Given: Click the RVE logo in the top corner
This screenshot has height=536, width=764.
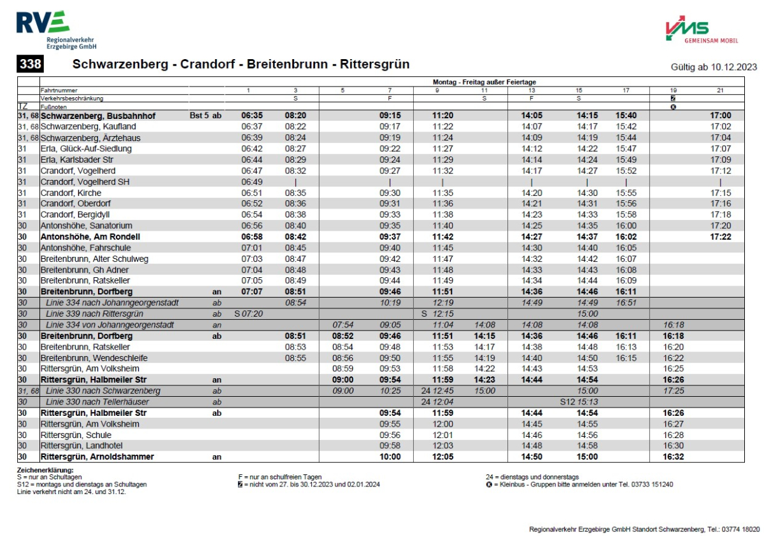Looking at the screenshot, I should pos(43,24).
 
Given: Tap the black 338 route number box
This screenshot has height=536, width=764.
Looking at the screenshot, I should pos(31,65).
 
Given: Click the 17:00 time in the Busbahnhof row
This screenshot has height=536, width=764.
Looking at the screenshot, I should pos(720,116).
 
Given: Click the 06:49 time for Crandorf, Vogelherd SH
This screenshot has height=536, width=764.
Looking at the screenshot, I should pos(251,182).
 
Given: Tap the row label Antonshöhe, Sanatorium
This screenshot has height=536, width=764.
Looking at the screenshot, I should pos(86,226).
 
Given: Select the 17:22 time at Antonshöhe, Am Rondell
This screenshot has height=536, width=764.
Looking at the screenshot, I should pos(720,237).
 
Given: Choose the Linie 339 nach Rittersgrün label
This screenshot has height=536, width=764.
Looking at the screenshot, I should pos(95,314).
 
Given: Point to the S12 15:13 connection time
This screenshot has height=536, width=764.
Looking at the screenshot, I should pos(579,402).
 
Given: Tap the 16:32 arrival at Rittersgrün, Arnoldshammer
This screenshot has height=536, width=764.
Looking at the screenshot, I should pos(672,457).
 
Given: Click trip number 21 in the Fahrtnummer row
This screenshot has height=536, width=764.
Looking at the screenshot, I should pos(720,90).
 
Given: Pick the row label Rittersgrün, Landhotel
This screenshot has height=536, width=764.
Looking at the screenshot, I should pos(81,446).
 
